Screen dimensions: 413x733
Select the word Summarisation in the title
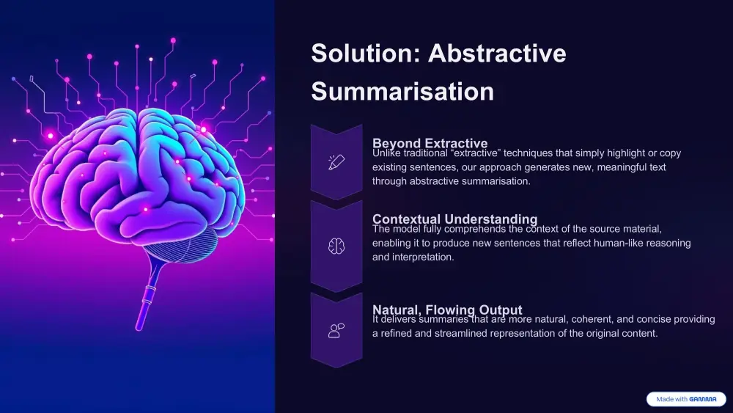click(402, 92)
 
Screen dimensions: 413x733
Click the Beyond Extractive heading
click(430, 143)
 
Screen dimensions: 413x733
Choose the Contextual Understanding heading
click(454, 219)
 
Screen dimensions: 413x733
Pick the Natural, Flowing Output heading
click(447, 310)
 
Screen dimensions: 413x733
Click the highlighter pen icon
click(336, 162)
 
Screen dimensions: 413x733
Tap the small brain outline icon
click(336, 246)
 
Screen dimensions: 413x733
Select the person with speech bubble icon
click(336, 330)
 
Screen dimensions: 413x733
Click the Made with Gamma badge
click(685, 399)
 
